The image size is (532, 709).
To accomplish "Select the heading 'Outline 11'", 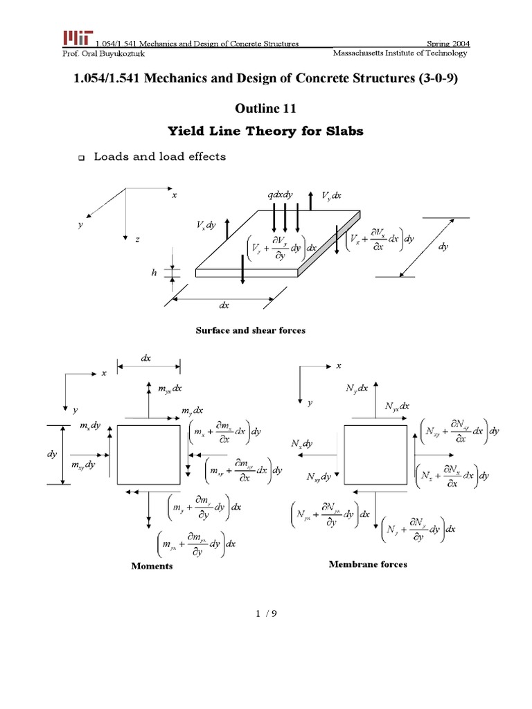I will (x=266, y=107).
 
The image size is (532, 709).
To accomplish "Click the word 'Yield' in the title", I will (x=190, y=132).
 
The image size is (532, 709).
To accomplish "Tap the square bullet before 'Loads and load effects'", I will (x=80, y=159).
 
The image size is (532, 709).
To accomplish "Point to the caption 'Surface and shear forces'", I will (x=251, y=330).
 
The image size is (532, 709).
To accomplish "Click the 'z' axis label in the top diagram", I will (x=137, y=239).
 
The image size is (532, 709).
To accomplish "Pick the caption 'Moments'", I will (x=152, y=566).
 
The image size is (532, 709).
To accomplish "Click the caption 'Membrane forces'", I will (x=367, y=564).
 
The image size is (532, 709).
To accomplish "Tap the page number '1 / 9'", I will (x=265, y=613).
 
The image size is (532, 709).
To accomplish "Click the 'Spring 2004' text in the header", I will (x=447, y=44).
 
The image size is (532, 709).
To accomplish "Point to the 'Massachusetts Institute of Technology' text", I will (x=400, y=53).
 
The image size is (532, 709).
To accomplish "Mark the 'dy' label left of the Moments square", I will (x=51, y=455).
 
